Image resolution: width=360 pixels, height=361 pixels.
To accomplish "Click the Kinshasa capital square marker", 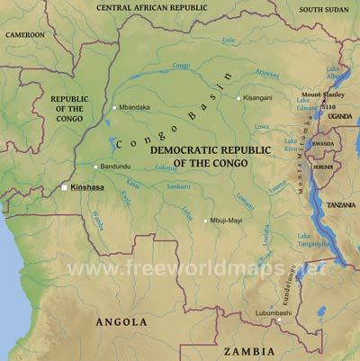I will tap(64, 187).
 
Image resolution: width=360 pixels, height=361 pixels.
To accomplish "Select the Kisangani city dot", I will tap(238, 98).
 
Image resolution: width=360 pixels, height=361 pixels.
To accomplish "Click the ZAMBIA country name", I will tap(249, 350).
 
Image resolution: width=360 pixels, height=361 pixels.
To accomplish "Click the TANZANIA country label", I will tap(341, 204).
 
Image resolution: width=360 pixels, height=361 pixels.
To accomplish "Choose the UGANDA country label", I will tap(340, 116).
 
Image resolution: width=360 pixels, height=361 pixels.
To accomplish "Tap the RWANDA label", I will tap(322, 144).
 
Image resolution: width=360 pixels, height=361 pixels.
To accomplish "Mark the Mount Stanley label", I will tap(321, 95).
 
